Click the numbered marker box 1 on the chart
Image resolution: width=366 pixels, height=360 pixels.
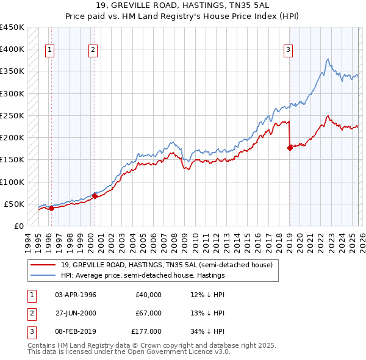point(49,51)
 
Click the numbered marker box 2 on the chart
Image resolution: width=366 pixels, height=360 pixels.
point(93,51)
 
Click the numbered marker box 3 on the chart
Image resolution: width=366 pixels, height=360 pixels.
point(288,51)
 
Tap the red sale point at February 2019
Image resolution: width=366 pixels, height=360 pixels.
point(289,147)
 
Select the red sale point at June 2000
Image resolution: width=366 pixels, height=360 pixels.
point(95,196)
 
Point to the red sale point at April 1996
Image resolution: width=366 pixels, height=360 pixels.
point(51,208)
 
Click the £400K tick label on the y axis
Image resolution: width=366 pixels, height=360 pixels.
point(12,49)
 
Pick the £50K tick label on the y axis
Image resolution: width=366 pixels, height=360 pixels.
point(13,204)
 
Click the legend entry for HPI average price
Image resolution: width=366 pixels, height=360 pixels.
point(143,276)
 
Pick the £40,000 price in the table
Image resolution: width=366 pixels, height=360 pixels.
point(149,295)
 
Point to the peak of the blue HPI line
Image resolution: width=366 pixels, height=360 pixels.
point(328,59)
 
